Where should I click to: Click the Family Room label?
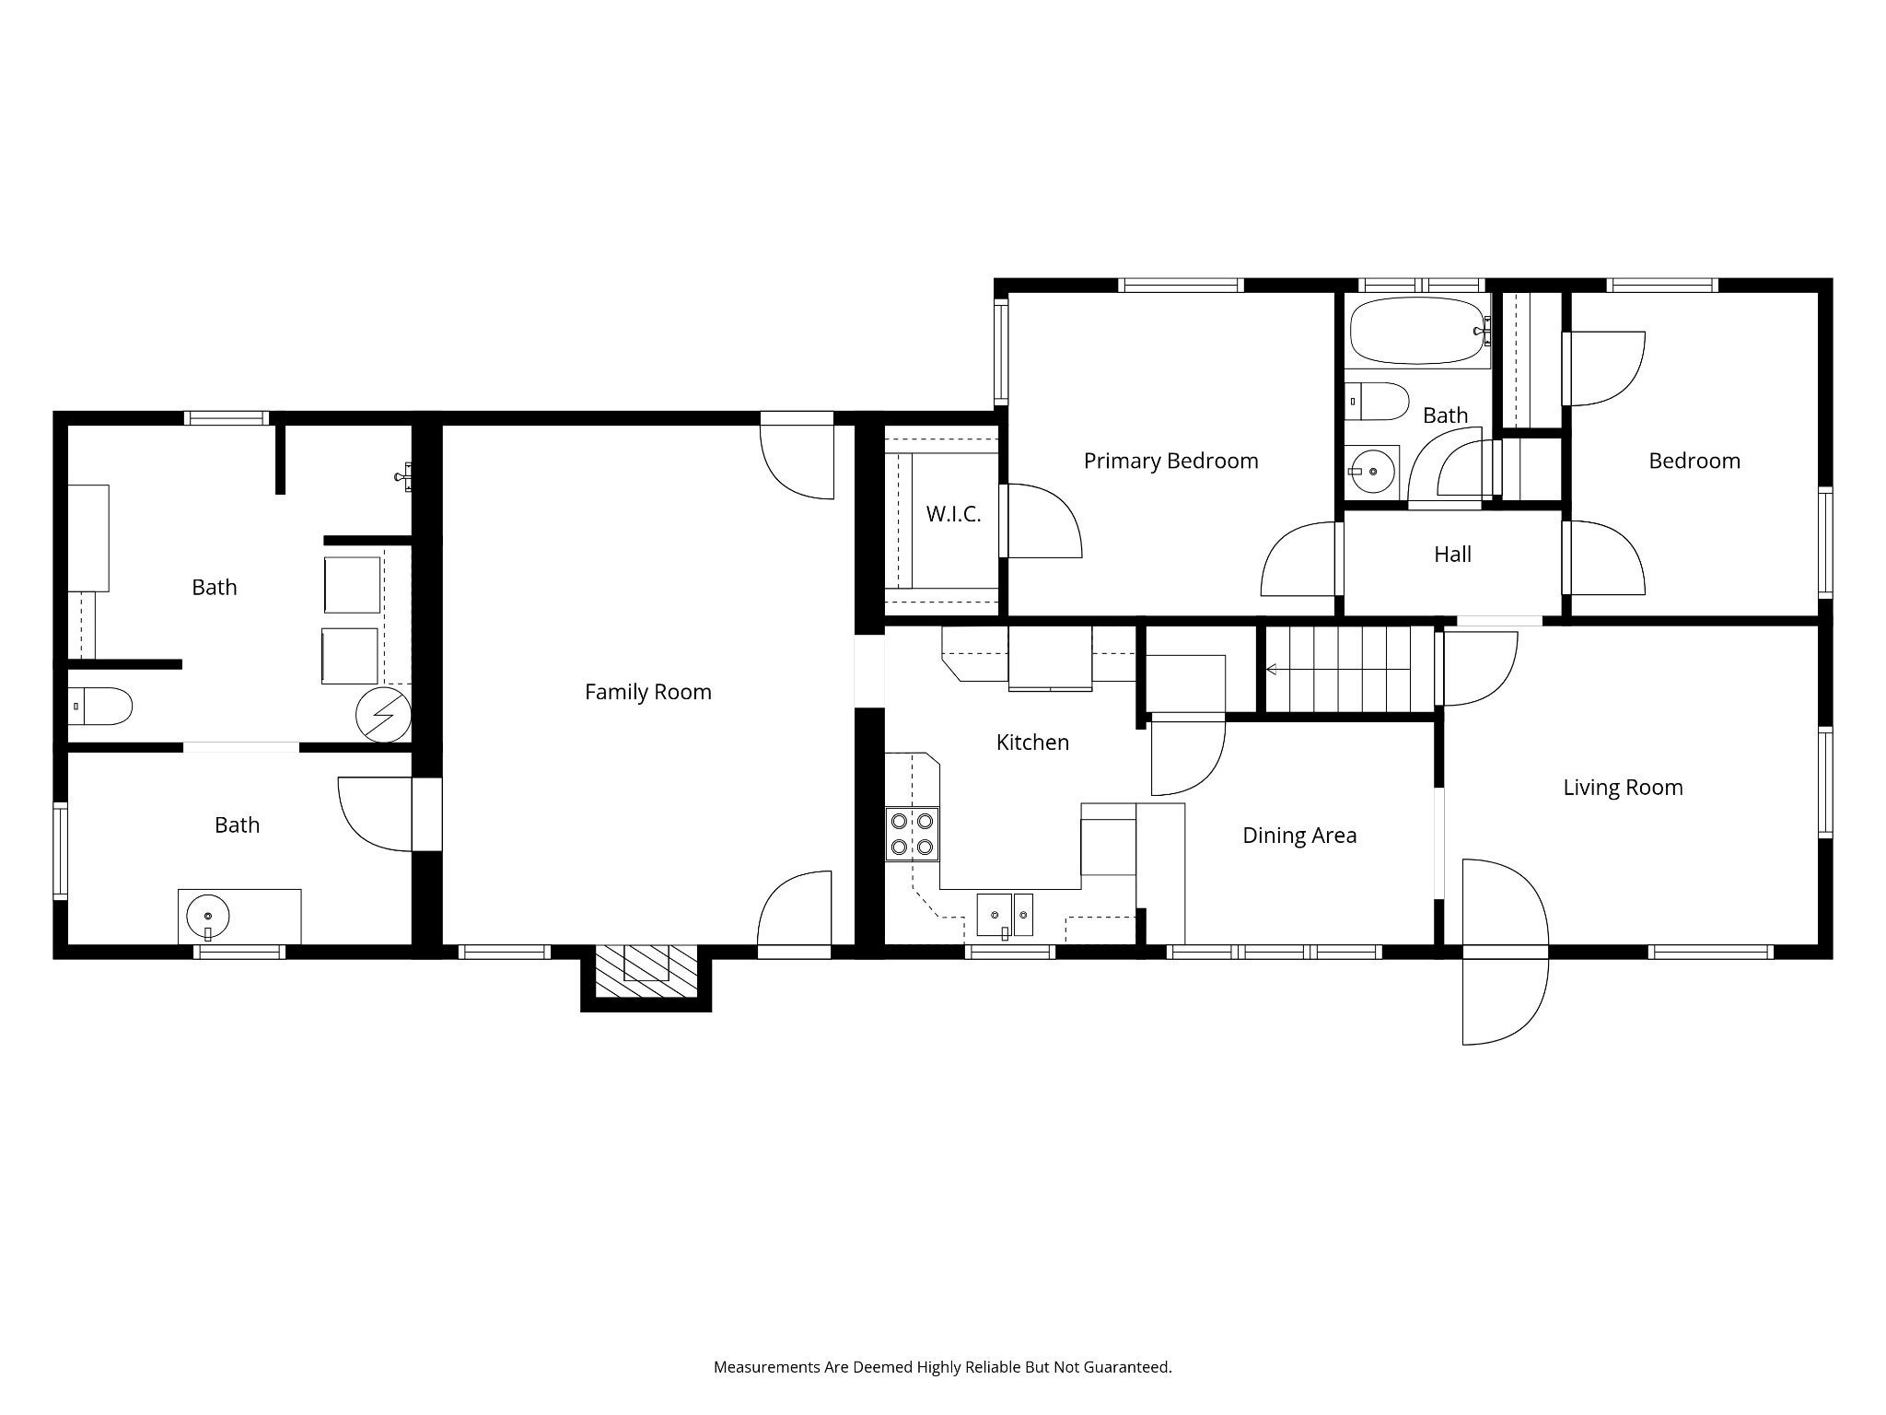pyautogui.click(x=648, y=692)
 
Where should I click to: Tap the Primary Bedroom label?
pyautogui.click(x=1170, y=461)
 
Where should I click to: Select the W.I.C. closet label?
pyautogui.click(x=953, y=514)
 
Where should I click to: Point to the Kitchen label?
pyautogui.click(x=1032, y=742)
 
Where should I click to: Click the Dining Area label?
pyautogui.click(x=1299, y=836)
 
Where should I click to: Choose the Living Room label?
pyautogui.click(x=1623, y=788)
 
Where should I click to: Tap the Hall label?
pyautogui.click(x=1452, y=554)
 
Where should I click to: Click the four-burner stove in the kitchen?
pyautogui.click(x=913, y=834)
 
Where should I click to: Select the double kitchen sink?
pyautogui.click(x=1005, y=915)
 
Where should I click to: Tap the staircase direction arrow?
pyautogui.click(x=1338, y=670)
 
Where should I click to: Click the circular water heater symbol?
pyautogui.click(x=382, y=715)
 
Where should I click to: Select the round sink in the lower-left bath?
pyautogui.click(x=209, y=917)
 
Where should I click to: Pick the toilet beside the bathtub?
pyautogui.click(x=1377, y=402)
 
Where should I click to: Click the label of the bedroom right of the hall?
pyautogui.click(x=1694, y=461)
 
